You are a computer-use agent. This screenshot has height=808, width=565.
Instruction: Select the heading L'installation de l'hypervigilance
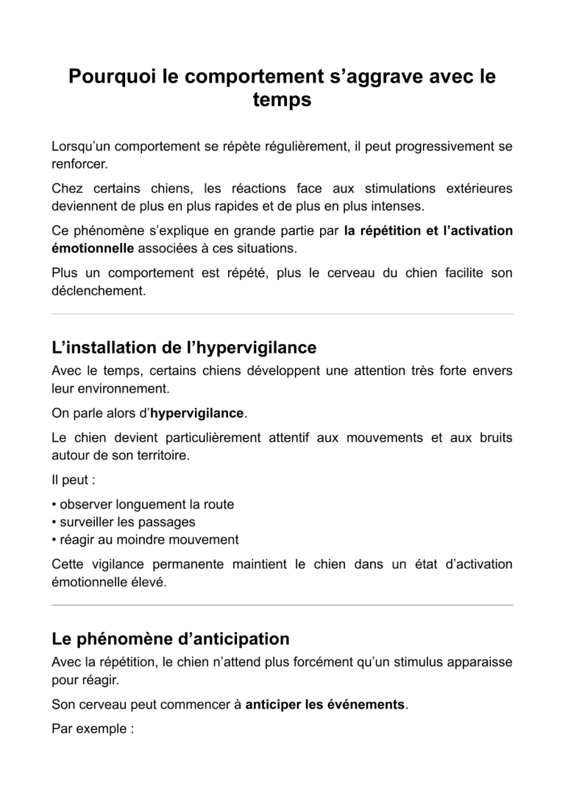point(184,347)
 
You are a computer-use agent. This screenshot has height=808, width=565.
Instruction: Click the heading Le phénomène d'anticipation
point(170,638)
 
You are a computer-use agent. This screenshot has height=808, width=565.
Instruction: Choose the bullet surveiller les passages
point(123,522)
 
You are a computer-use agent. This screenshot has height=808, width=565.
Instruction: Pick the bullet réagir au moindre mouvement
point(145,540)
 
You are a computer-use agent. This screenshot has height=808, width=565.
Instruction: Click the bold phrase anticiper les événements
point(324,704)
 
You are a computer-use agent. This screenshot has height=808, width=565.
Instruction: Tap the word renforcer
point(79,164)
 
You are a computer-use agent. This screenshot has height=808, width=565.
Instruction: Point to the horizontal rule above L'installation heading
point(282,315)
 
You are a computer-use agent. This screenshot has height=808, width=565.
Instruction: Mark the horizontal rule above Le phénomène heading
point(282,605)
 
